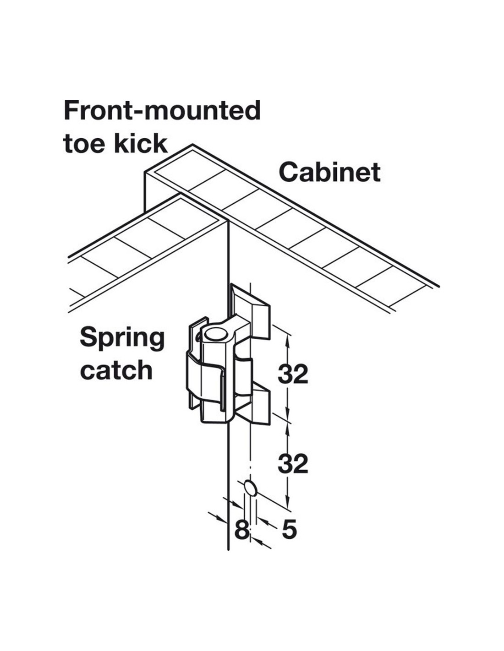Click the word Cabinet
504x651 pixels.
click(329, 173)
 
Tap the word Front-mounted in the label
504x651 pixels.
click(162, 110)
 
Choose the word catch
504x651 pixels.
click(116, 370)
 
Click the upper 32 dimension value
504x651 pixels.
click(293, 374)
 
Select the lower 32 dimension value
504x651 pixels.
click(293, 464)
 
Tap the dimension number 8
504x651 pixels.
click(241, 530)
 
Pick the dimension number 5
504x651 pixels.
click(289, 530)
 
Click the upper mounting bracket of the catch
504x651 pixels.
click(254, 311)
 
